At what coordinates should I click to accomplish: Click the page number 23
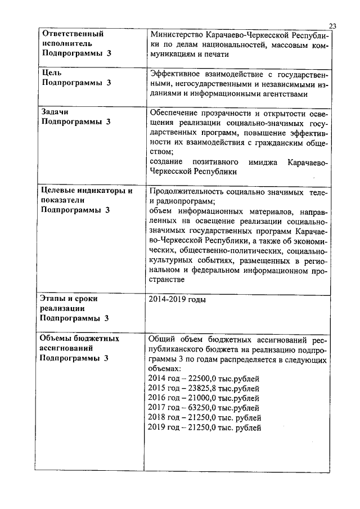[x=332, y=26]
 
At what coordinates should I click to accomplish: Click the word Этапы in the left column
[x=55, y=299]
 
